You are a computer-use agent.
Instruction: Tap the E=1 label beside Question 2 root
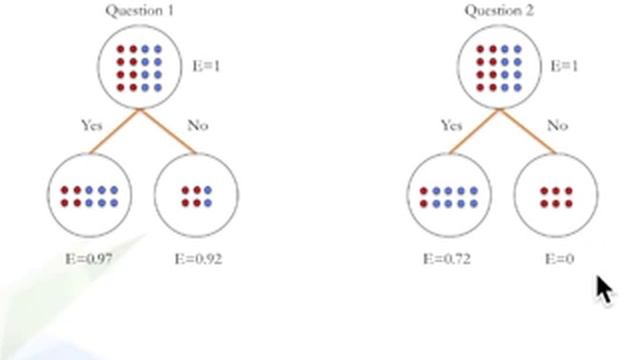tap(564, 67)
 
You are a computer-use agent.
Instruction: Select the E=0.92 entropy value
tap(198, 259)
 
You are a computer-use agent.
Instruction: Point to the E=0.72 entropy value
tap(446, 259)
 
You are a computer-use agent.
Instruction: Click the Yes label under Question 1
tap(92, 126)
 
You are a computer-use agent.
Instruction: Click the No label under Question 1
tap(198, 126)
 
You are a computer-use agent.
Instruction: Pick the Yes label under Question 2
tap(452, 126)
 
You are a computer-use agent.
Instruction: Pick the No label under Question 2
tap(557, 126)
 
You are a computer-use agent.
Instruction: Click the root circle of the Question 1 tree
tap(139, 67)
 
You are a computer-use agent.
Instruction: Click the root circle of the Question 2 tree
tap(498, 67)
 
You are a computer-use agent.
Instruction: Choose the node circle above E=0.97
tap(89, 196)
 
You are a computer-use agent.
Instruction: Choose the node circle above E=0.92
tap(196, 196)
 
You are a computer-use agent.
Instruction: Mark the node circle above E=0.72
tap(448, 196)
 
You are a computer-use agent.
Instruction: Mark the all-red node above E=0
tap(556, 196)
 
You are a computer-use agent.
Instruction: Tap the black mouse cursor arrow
tap(604, 290)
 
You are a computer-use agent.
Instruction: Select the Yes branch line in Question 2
tap(474, 131)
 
